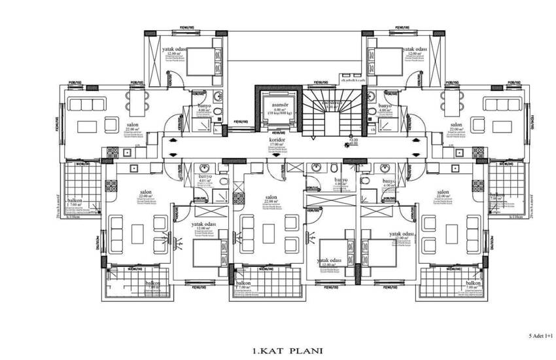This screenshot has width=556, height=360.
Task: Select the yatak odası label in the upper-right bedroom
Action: [415, 49]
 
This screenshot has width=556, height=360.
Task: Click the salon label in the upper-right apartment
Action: [456, 124]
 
